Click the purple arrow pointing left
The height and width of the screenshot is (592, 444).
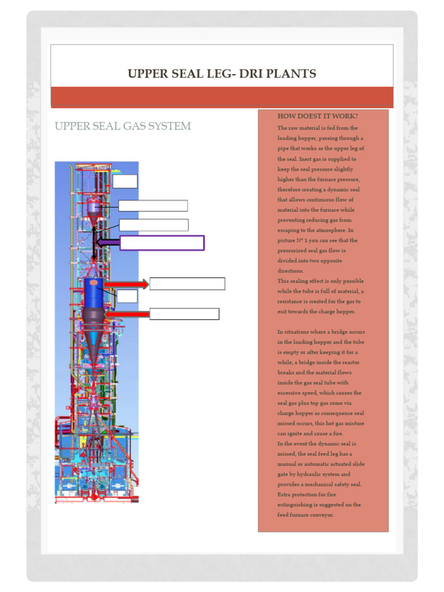[x=107, y=243]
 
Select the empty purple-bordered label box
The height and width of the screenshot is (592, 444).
[x=162, y=243]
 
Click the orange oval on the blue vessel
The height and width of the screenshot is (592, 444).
[x=93, y=282]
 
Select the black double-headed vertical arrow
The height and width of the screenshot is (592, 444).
[x=94, y=243]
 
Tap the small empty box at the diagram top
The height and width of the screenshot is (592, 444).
[x=125, y=181]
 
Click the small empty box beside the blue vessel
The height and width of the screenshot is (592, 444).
[x=127, y=296]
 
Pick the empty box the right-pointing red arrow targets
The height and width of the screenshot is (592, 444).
[x=187, y=284]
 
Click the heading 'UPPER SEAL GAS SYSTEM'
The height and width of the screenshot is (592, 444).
[x=123, y=126]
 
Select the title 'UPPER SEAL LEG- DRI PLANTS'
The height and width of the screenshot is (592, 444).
[x=222, y=73]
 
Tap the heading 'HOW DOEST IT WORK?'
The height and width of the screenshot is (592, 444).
[x=317, y=116]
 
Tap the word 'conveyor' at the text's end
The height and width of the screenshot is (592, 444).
[x=322, y=515]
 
